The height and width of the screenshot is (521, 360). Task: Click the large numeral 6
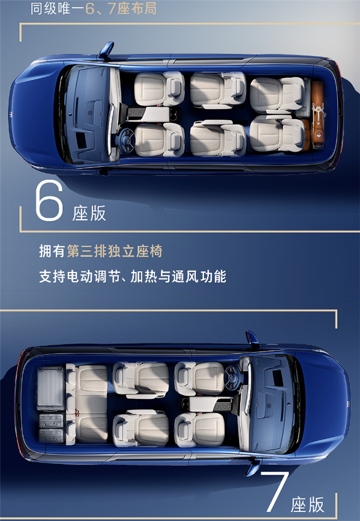tap(49, 200)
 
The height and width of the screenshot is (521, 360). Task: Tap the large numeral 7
tap(275, 492)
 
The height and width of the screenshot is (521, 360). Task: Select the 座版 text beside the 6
tap(89, 213)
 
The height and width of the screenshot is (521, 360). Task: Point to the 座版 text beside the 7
tap(307, 505)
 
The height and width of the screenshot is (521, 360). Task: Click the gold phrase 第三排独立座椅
tap(115, 251)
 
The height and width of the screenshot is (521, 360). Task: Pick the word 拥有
tap(52, 251)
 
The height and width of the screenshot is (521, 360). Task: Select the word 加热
tap(143, 276)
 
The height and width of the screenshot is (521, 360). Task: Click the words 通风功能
tap(199, 276)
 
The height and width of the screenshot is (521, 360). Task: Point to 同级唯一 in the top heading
tap(51, 8)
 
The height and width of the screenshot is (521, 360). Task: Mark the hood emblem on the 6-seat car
tap(11, 115)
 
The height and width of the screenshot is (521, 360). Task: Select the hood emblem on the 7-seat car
tap(348, 404)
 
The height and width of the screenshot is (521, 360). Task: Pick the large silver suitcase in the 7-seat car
tap(50, 389)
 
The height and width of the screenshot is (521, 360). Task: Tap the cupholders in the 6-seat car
tap(174, 115)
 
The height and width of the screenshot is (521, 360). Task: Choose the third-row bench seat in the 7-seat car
tap(86, 404)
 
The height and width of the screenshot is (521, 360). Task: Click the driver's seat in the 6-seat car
tap(160, 140)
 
